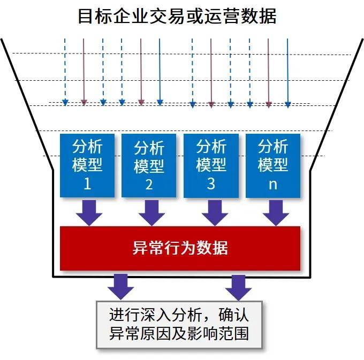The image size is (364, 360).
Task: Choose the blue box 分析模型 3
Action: pos(211,165)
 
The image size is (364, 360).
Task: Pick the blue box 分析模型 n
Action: pos(273,165)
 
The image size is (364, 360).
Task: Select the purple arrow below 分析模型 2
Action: pos(151,212)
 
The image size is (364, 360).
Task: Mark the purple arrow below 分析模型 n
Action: pos(275,212)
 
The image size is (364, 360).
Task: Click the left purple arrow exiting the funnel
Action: pos(121,287)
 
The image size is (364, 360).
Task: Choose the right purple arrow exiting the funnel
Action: pos(238,287)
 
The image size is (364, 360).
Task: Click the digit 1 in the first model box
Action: pos(88,184)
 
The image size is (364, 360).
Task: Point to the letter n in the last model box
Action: pos(273,184)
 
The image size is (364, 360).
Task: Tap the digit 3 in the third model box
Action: pos(211,184)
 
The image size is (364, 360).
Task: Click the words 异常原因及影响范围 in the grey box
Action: pos(179,334)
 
